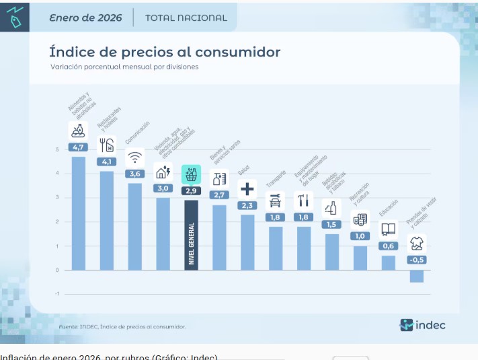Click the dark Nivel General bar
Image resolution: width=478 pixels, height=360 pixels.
coord(191,235)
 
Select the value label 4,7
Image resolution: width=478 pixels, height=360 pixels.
coord(78,147)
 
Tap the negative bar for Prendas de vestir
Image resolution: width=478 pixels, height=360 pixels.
coord(417,276)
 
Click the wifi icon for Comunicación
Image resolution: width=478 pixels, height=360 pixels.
coord(135,157)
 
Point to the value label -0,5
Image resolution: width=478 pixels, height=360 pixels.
coord(417,260)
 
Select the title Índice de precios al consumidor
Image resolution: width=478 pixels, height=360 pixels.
coord(165,52)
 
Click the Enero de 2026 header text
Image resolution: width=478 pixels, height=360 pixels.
coord(85,18)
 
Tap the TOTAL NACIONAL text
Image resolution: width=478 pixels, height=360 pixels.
coord(186,18)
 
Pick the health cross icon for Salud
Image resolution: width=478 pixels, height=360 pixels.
coord(247,189)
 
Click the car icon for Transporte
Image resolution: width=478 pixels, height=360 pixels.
coord(275,201)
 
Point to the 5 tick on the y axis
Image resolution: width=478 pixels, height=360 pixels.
coord(57,149)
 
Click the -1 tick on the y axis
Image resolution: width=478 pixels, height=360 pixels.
coord(57,294)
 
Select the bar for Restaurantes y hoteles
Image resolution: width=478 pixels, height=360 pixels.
coord(107,220)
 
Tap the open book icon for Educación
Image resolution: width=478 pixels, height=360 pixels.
coord(389,229)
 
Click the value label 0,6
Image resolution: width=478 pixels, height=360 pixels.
coord(389,246)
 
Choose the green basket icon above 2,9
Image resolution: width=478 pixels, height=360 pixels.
coord(191,174)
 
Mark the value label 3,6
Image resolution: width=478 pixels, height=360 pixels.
coord(135,174)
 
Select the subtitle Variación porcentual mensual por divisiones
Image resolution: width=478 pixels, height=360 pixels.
coord(124,67)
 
